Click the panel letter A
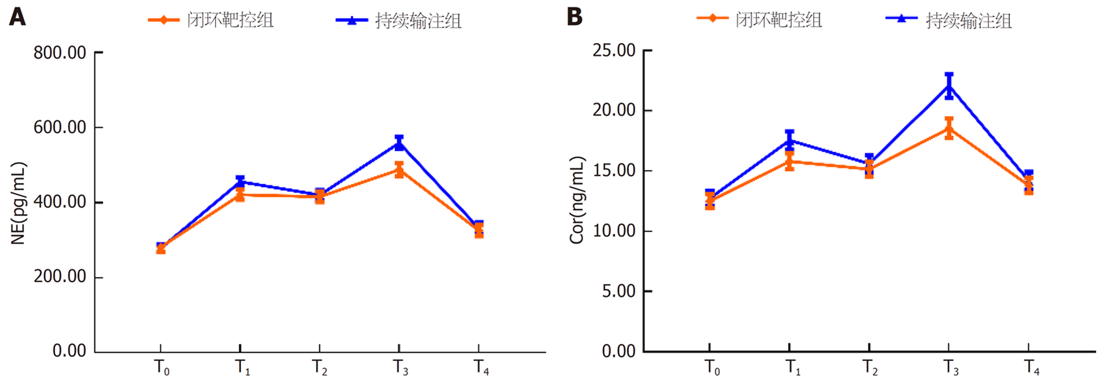click(18, 18)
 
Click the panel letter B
click(575, 18)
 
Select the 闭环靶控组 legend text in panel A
click(230, 20)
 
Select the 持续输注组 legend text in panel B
click(968, 20)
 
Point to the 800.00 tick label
click(60, 53)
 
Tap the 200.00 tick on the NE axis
click(60, 277)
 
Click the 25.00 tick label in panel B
click(614, 51)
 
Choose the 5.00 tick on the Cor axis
click(619, 291)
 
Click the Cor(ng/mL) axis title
click(577, 200)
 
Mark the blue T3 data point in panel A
click(399, 143)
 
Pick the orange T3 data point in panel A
click(399, 170)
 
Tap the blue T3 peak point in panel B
click(949, 86)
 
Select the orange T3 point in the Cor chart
click(949, 128)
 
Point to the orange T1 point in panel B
click(789, 161)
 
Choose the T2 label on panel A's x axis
click(319, 367)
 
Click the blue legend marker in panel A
click(352, 20)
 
